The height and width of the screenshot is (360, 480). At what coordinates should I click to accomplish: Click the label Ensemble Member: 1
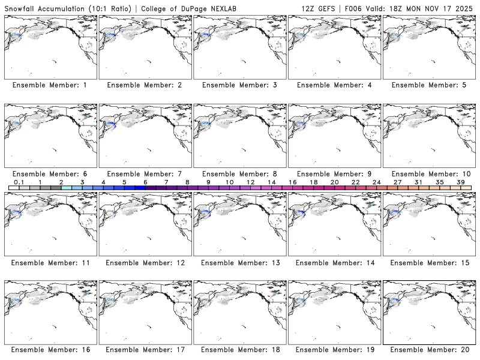click(50, 85)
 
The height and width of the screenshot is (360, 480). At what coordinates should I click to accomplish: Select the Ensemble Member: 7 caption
click(145, 174)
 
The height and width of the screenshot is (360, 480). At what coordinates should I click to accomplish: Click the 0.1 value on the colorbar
click(19, 182)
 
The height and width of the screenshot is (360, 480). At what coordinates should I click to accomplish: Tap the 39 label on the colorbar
click(460, 182)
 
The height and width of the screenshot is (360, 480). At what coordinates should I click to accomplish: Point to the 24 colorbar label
click(376, 182)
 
